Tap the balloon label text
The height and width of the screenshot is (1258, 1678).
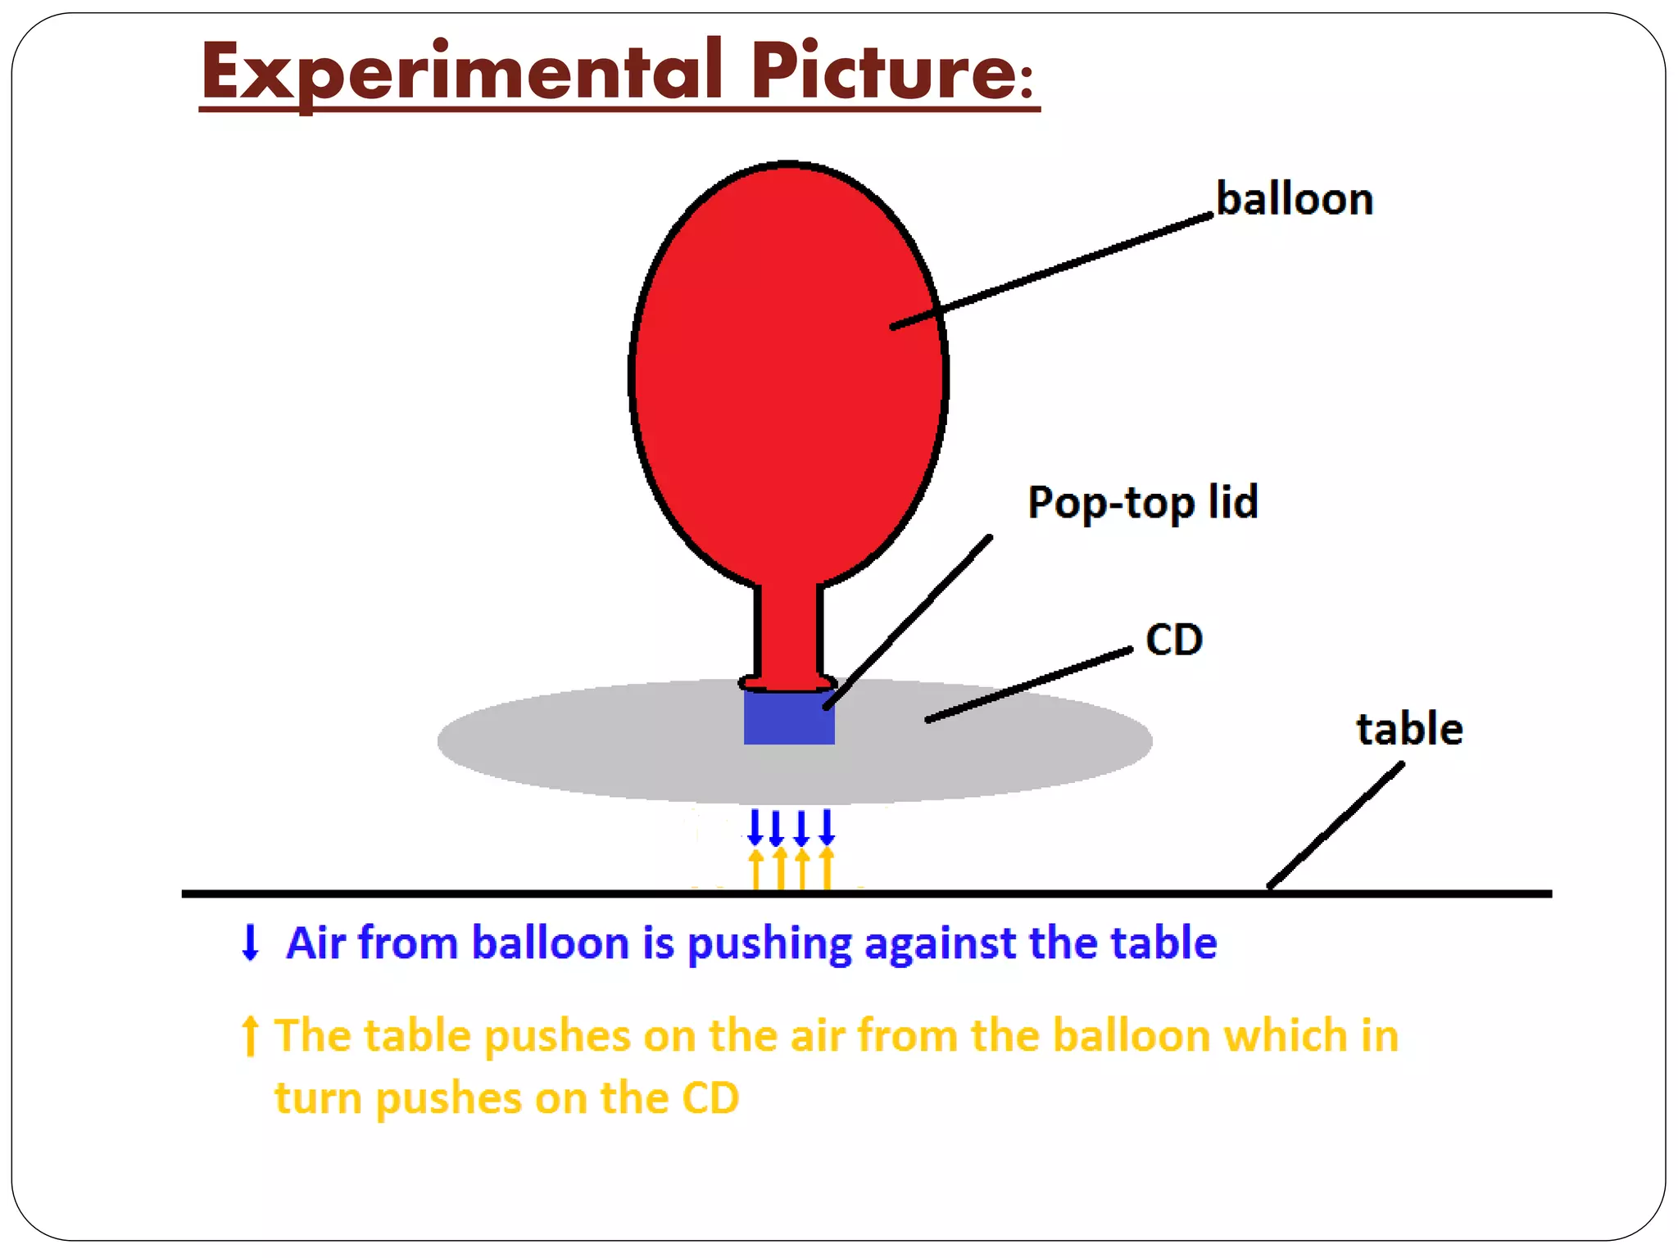click(1294, 199)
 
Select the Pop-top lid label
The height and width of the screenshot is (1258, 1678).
click(1142, 502)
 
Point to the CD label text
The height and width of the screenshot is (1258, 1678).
click(1173, 640)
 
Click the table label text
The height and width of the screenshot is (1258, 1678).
click(1409, 729)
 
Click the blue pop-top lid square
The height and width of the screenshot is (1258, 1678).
click(789, 718)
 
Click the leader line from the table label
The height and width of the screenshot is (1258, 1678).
click(1336, 826)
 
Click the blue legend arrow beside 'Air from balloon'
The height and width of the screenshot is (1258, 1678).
click(250, 942)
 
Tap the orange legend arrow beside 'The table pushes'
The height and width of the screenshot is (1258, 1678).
click(250, 1036)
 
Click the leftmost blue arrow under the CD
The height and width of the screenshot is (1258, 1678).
click(755, 827)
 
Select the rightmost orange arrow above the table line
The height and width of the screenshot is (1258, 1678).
click(827, 868)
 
